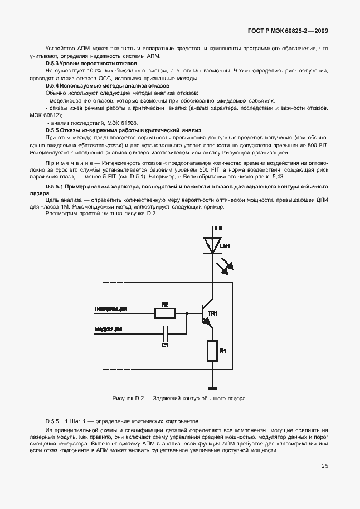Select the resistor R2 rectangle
tap(165, 314)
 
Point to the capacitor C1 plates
tap(165, 335)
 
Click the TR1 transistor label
tap(212, 313)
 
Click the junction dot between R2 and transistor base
tap(186, 314)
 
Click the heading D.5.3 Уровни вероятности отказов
tap(91, 64)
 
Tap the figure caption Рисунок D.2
tap(128, 399)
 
